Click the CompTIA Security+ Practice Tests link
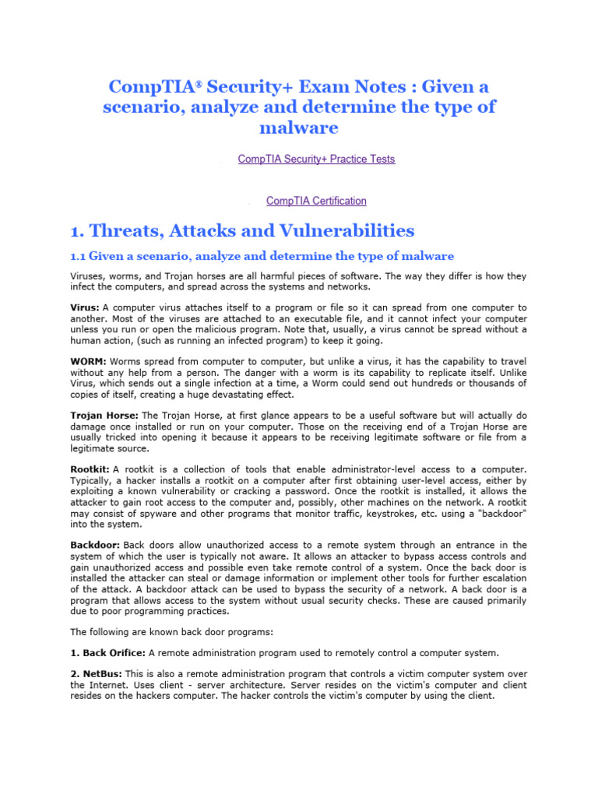(x=316, y=159)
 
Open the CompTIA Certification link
(x=316, y=201)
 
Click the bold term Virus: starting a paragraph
(x=85, y=308)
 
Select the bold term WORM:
(x=89, y=362)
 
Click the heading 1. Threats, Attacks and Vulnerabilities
(x=242, y=230)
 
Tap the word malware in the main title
(x=300, y=127)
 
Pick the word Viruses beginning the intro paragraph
(x=88, y=276)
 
